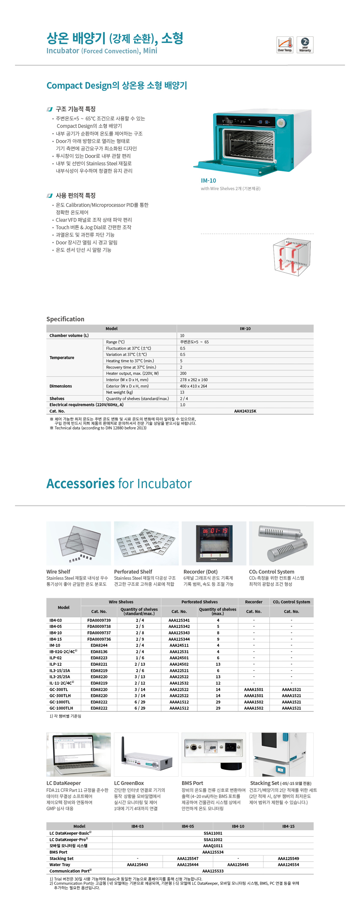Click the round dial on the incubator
(x=280, y=123)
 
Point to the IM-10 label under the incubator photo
(x=208, y=181)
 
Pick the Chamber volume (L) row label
(x=69, y=335)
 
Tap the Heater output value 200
(x=183, y=373)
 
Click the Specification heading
(x=65, y=319)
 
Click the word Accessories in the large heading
(x=81, y=483)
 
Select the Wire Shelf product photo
(x=79, y=543)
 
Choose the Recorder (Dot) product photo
(x=214, y=543)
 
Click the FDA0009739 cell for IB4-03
(x=99, y=620)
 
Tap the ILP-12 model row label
(x=55, y=664)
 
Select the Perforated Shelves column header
(x=199, y=602)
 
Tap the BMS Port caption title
(x=192, y=783)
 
